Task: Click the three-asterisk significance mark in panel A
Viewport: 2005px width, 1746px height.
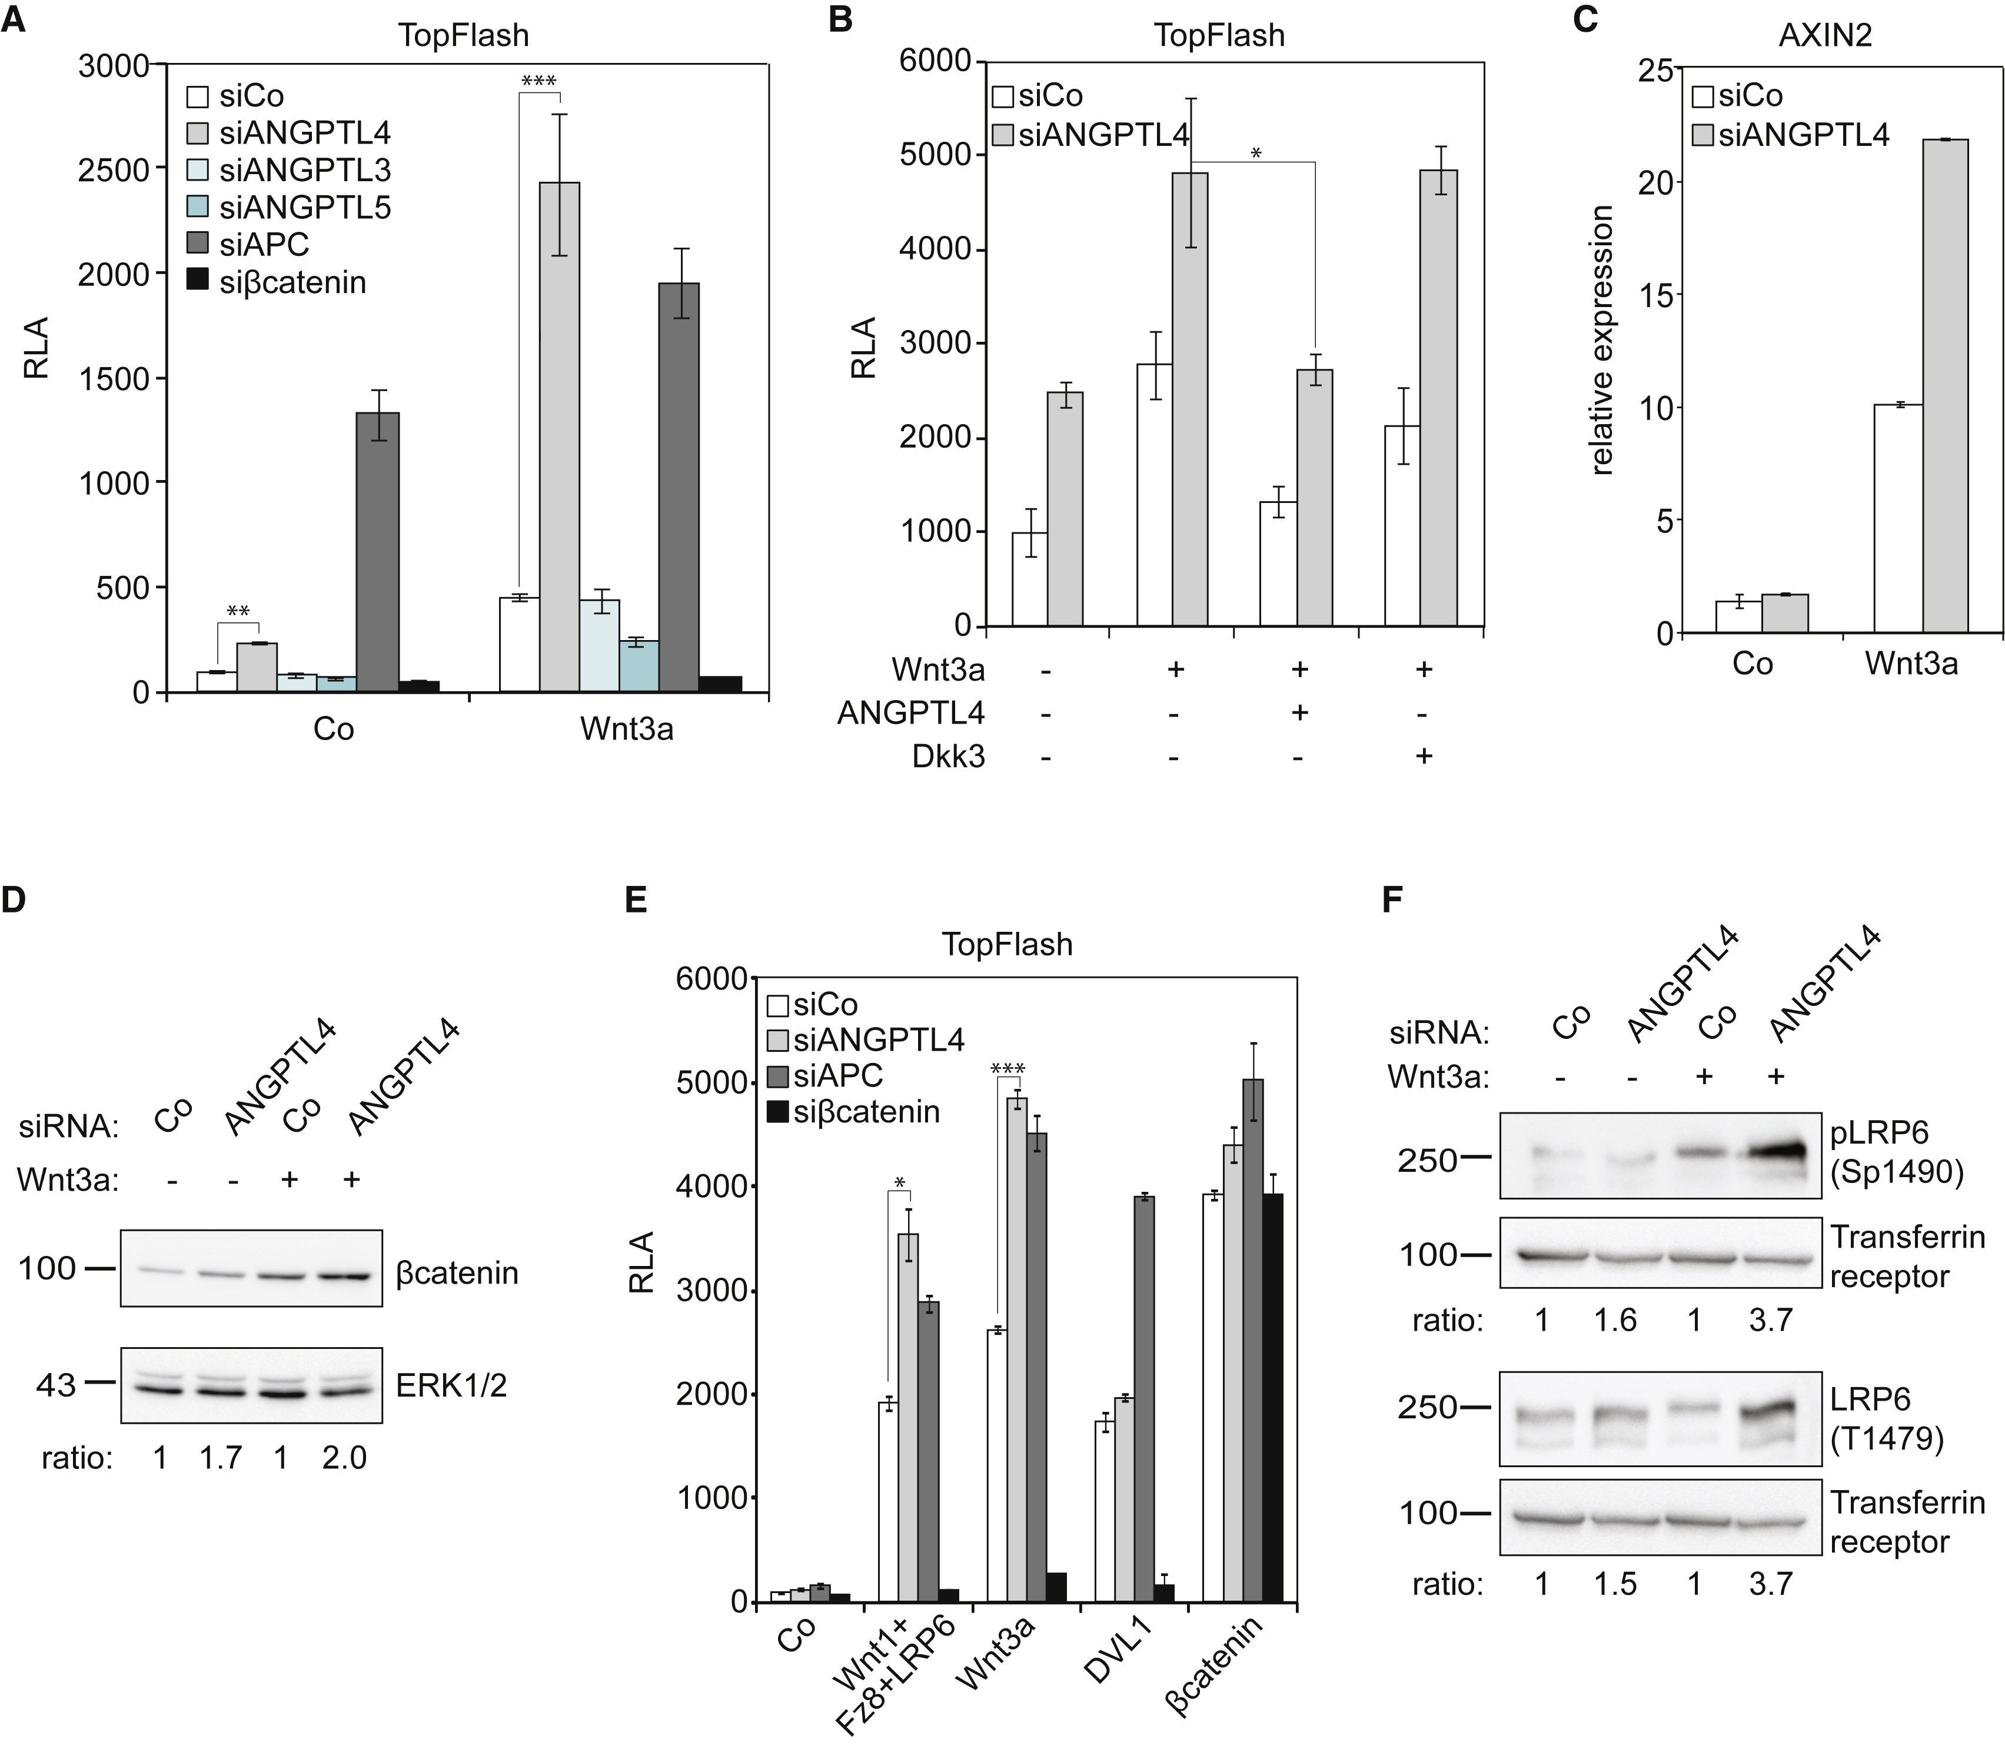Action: [x=538, y=82]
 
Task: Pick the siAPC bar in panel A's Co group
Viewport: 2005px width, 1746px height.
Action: [x=377, y=552]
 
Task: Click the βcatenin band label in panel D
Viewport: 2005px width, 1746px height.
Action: [x=456, y=1274]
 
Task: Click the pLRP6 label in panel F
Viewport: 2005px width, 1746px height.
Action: [x=1881, y=1133]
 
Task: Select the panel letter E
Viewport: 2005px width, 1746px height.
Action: [x=636, y=899]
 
